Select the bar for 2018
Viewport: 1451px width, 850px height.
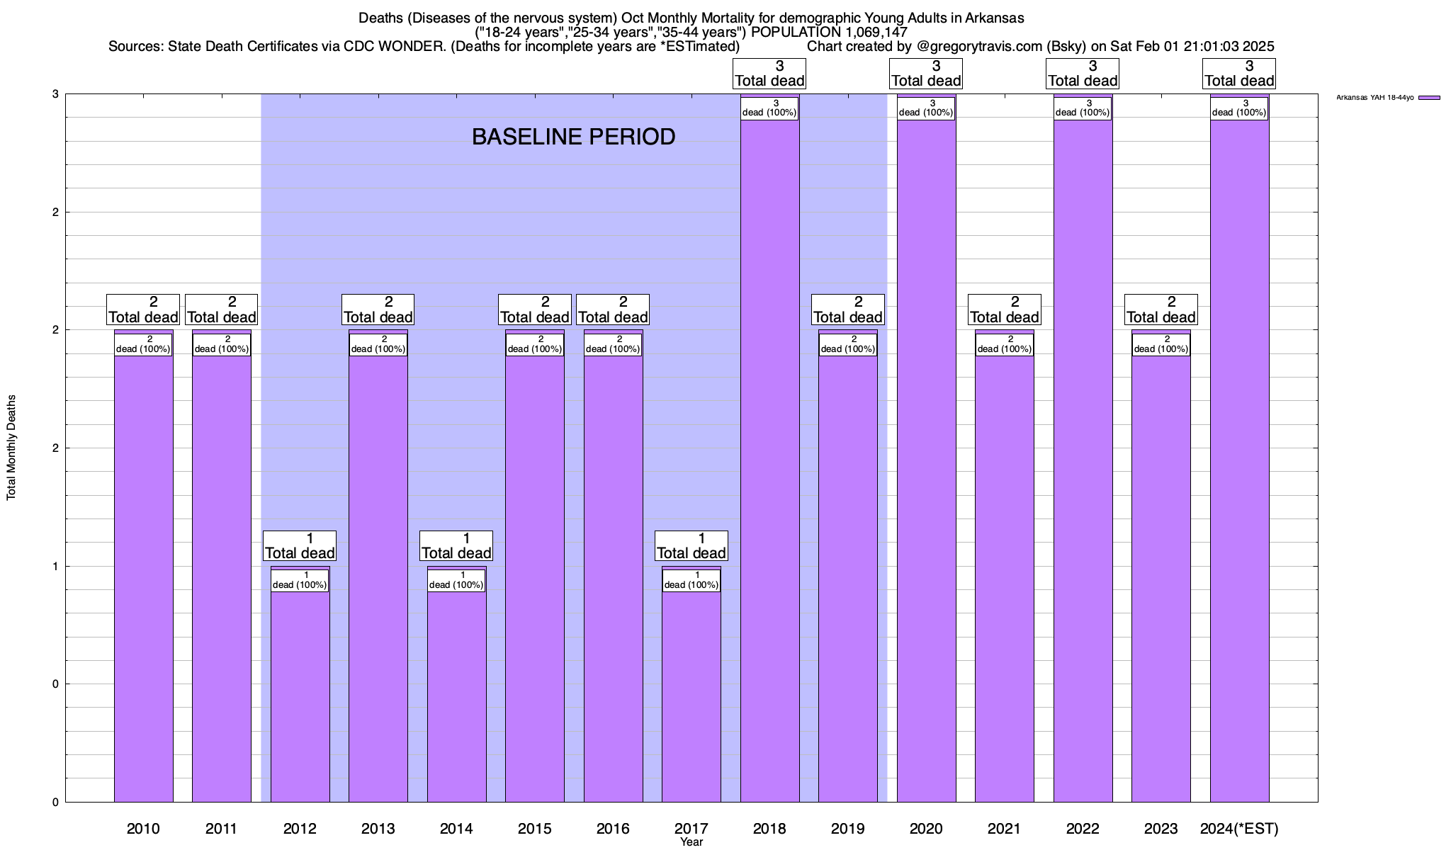(x=769, y=460)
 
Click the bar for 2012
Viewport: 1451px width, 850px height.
(x=300, y=694)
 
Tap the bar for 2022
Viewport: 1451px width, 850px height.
(x=1083, y=460)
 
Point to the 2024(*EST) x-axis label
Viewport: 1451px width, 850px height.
(x=1239, y=828)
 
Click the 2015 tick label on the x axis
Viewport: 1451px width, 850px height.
(x=535, y=828)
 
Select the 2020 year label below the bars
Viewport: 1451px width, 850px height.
(x=926, y=828)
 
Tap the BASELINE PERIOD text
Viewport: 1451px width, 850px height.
(x=573, y=137)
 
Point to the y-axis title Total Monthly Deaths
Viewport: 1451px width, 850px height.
(x=11, y=448)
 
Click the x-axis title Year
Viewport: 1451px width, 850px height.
(x=691, y=842)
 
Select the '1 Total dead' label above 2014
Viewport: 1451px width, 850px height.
(x=456, y=546)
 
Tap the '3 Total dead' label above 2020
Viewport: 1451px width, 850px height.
(x=926, y=74)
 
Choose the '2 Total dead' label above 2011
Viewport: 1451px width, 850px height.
(x=221, y=310)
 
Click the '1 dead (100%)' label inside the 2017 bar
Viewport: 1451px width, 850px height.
(x=691, y=580)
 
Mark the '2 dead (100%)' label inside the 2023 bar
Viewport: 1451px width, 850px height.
(x=1161, y=344)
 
